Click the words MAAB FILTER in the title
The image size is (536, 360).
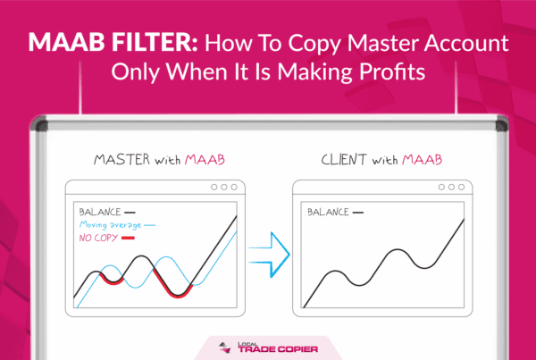point(113,43)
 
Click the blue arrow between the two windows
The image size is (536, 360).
point(270,255)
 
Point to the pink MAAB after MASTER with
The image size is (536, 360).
point(205,160)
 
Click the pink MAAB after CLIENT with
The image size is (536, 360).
point(422,160)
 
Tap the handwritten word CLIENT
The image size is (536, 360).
point(345,160)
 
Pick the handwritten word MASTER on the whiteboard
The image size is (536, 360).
point(121,160)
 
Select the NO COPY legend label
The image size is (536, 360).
point(98,238)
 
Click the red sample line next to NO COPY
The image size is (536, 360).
point(128,238)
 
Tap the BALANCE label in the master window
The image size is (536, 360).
point(100,212)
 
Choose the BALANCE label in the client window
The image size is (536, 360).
point(328,212)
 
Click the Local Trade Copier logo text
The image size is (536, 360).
point(278,347)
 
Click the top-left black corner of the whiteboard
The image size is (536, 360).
point(39,125)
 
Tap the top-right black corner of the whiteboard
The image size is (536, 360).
point(501,125)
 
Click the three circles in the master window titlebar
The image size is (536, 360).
point(224,187)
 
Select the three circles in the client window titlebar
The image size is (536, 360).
point(451,187)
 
